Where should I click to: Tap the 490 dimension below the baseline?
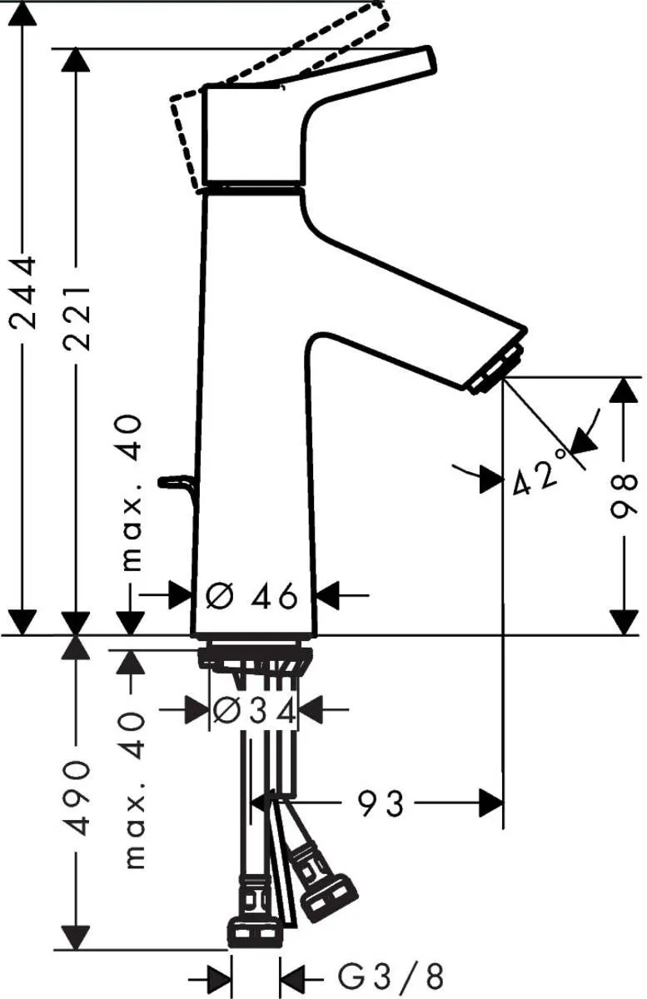click(77, 798)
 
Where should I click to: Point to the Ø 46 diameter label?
click(252, 596)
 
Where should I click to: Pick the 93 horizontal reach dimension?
click(381, 803)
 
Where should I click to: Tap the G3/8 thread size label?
click(391, 975)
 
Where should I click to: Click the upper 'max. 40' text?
click(131, 495)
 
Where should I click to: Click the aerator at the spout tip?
click(498, 367)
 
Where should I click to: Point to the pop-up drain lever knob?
click(173, 481)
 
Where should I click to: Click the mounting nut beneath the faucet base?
click(254, 658)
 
